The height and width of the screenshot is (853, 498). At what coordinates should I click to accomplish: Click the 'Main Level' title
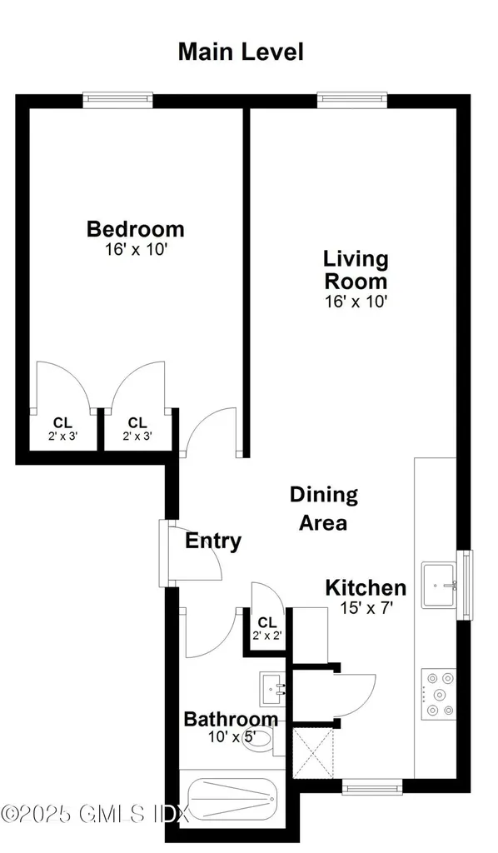pos(241,52)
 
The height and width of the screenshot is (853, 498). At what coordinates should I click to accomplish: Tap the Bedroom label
pos(136,228)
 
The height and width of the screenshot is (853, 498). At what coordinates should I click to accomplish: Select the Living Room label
pos(356,269)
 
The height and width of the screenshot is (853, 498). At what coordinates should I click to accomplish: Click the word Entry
pos(213,541)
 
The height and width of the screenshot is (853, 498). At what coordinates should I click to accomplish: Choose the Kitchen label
pos(366,587)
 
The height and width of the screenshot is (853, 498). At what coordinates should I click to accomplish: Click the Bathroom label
pos(231,719)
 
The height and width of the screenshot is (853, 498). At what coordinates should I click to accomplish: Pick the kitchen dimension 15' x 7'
pos(366,608)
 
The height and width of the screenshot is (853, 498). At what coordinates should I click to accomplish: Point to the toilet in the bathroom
pos(259,738)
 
